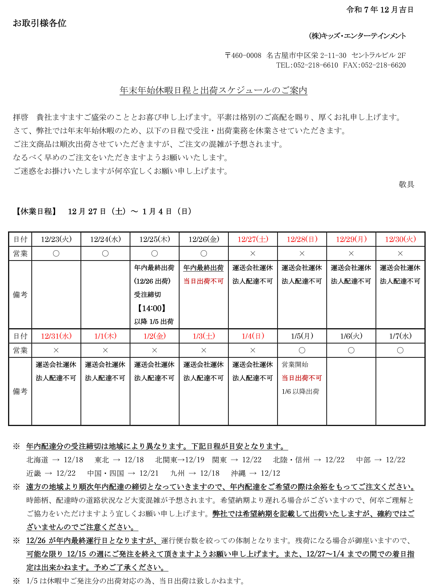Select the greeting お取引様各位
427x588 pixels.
pyautogui.click(x=40, y=23)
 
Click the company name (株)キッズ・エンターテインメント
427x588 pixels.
pyautogui.click(x=357, y=36)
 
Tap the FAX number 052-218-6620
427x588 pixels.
pyautogui.click(x=383, y=65)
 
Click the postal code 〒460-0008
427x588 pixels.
pyautogui.click(x=243, y=55)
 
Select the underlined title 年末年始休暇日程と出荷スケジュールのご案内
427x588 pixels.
pyautogui.click(x=213, y=90)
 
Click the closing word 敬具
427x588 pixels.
pyautogui.click(x=406, y=184)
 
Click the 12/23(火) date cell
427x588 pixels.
pyautogui.click(x=56, y=239)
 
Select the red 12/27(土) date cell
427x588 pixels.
pyautogui.click(x=253, y=239)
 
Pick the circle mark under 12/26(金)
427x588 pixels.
pyautogui.click(x=204, y=253)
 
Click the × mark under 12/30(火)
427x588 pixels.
pyautogui.click(x=400, y=253)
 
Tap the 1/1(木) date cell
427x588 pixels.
pyautogui.click(x=105, y=336)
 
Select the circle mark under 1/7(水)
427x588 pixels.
pyautogui.click(x=400, y=350)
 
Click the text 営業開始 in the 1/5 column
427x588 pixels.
pyautogui.click(x=295, y=365)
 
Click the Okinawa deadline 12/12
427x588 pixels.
pyautogui.click(x=270, y=473)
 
